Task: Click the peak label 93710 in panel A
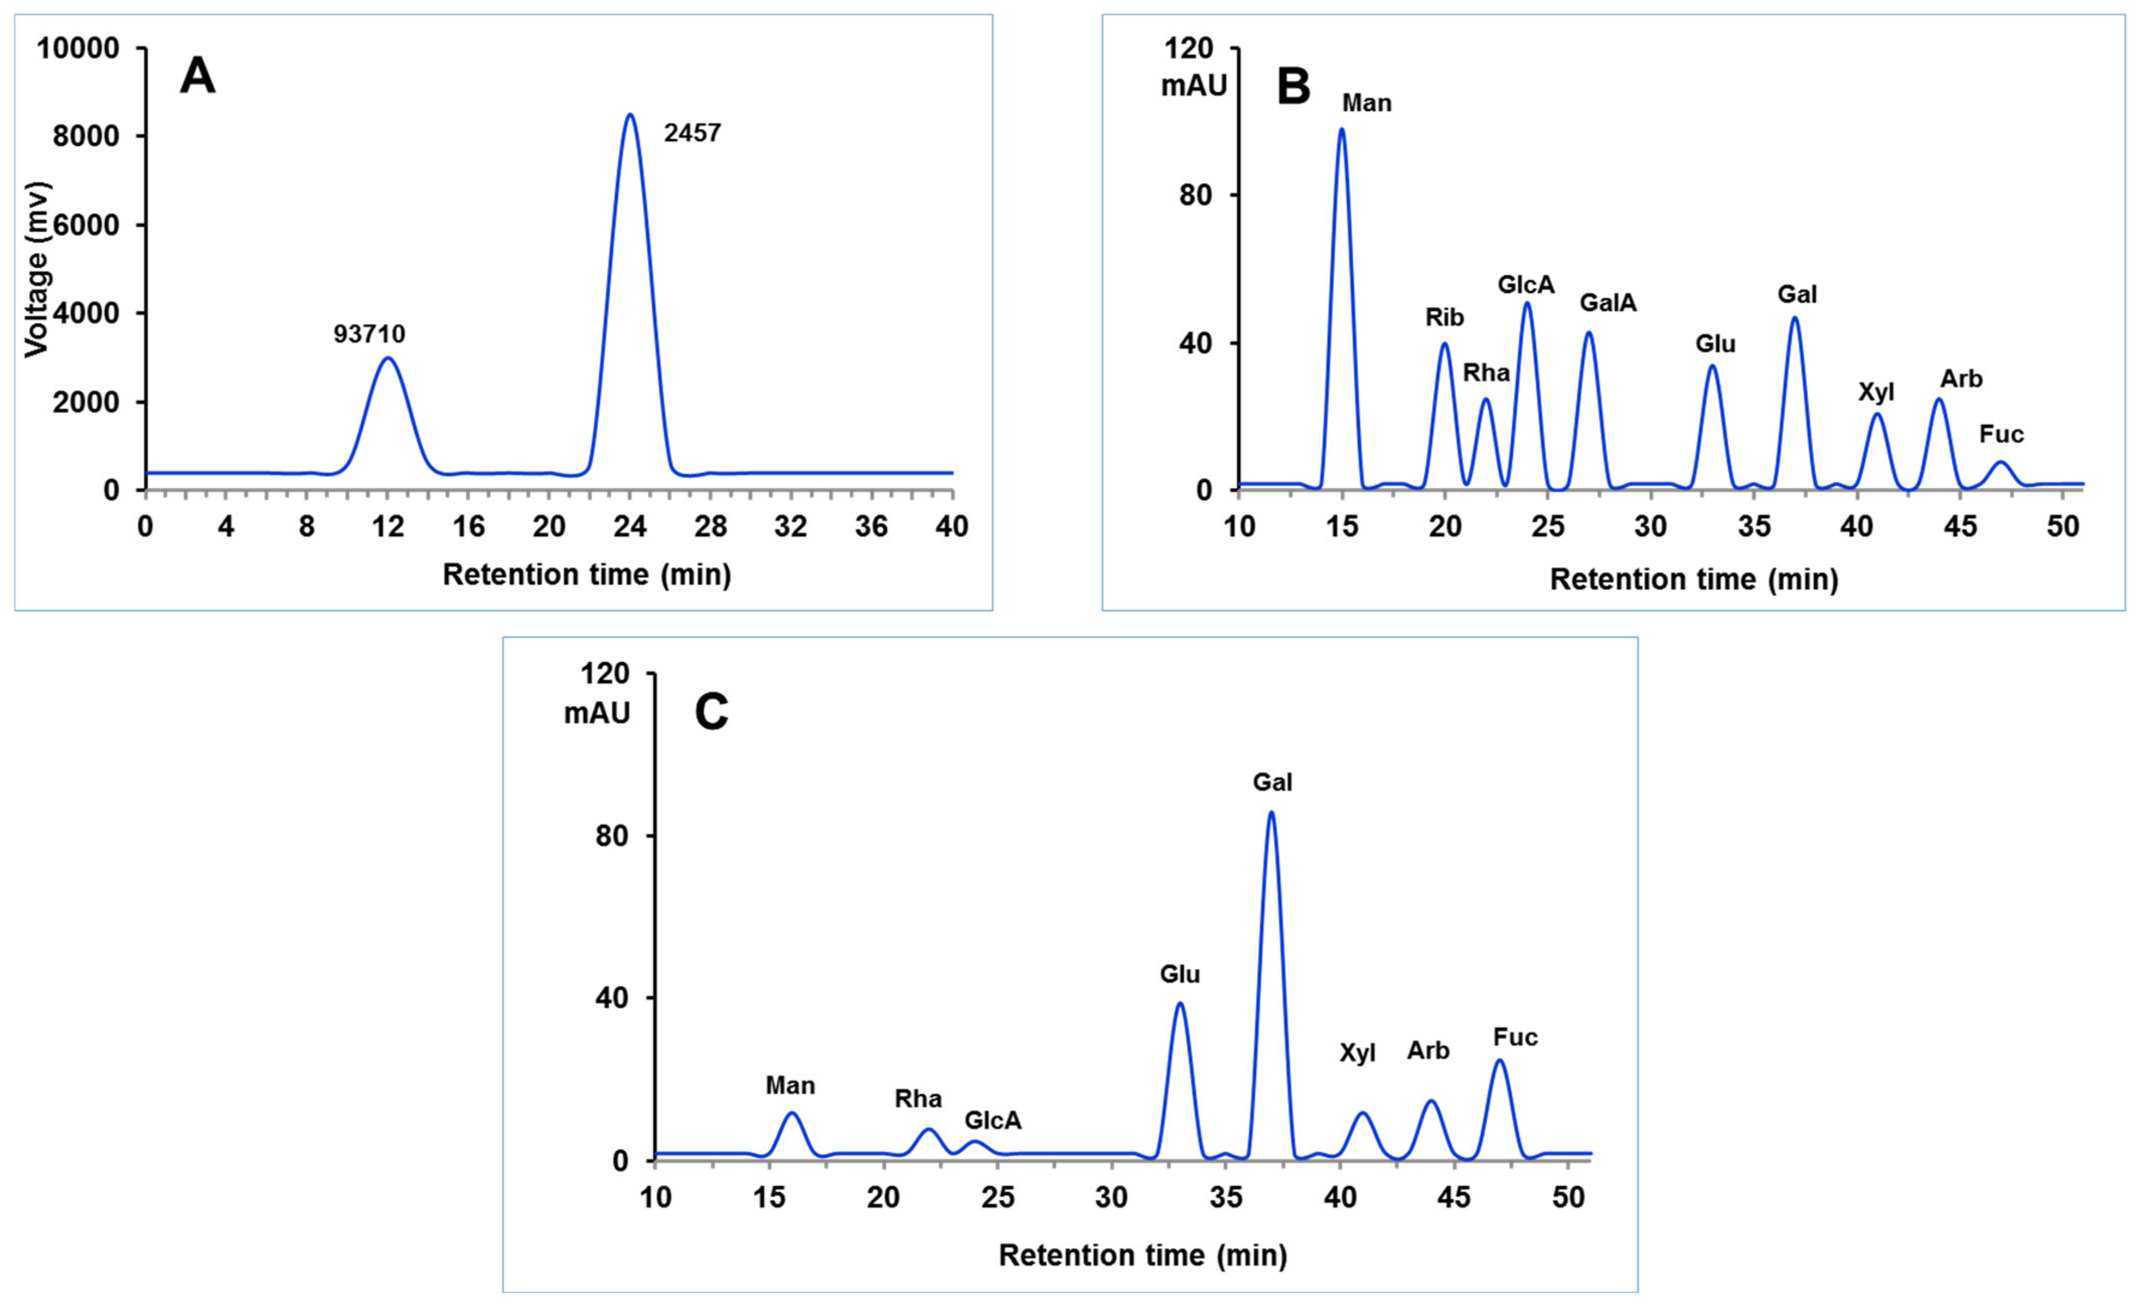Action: tap(369, 334)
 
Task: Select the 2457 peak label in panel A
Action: tap(692, 133)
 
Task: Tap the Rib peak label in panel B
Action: tap(1444, 317)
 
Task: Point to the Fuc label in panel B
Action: tap(2001, 434)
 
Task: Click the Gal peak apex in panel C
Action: tap(1271, 813)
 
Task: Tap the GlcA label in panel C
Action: tap(992, 1120)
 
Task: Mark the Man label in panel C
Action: tap(790, 1086)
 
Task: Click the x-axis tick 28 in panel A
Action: tap(711, 526)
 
